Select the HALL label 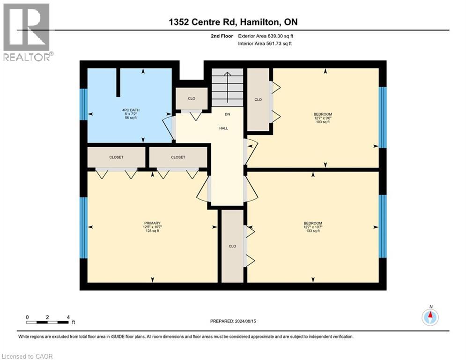point(224,128)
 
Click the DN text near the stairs point(227,114)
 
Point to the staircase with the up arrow point(227,88)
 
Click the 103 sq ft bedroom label point(323,118)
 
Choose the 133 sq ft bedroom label point(313,227)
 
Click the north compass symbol point(430,317)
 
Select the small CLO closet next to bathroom point(192,98)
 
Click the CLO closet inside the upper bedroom point(258,100)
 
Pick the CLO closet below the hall point(232,246)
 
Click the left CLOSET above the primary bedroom point(116,157)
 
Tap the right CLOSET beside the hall point(178,157)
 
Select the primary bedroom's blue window point(83,228)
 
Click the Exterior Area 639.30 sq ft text point(266,36)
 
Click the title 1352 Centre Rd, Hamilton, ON point(233,22)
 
